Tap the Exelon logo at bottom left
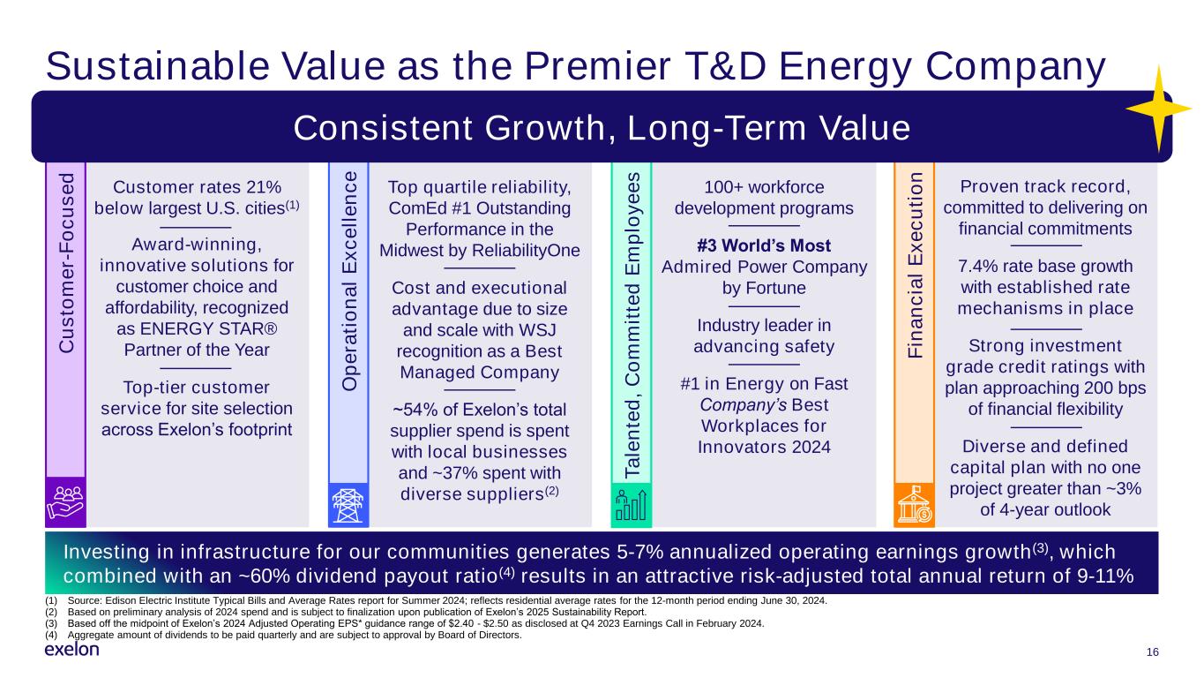[x=71, y=650]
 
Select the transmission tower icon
[x=348, y=505]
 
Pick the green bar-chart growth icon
[x=631, y=505]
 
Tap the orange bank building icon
[x=913, y=505]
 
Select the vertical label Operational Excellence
[x=350, y=281]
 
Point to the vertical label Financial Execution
[x=915, y=264]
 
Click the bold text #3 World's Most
[x=764, y=245]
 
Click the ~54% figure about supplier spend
[x=415, y=411]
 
